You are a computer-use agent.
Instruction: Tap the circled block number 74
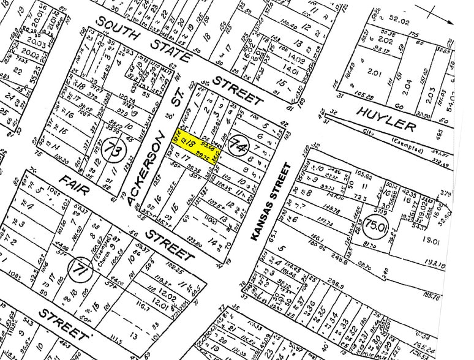pos(238,146)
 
